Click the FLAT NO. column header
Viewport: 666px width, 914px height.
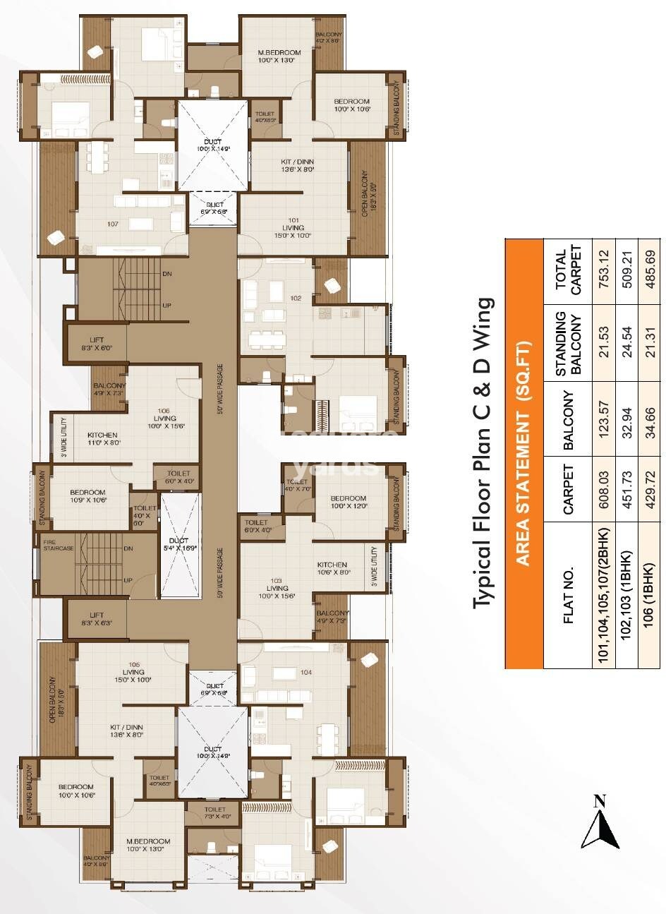pyautogui.click(x=569, y=594)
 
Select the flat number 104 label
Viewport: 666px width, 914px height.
pyautogui.click(x=305, y=672)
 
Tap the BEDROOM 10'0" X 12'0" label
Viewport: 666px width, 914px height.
pyautogui.click(x=348, y=502)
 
